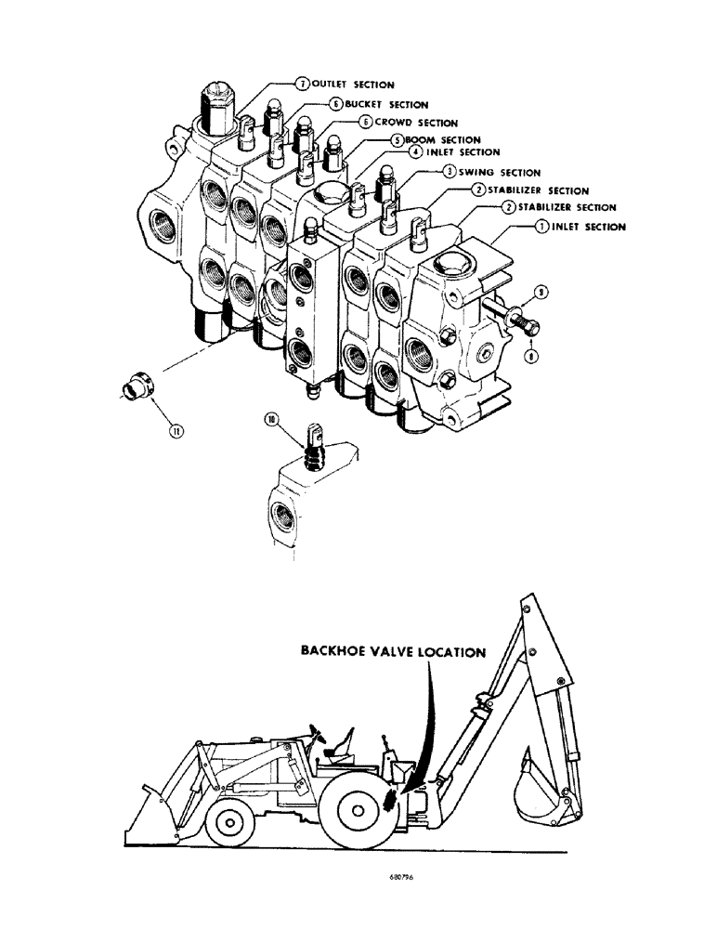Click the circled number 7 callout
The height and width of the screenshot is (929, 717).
click(x=302, y=85)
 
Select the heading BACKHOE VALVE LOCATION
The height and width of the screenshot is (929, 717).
click(x=392, y=651)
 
